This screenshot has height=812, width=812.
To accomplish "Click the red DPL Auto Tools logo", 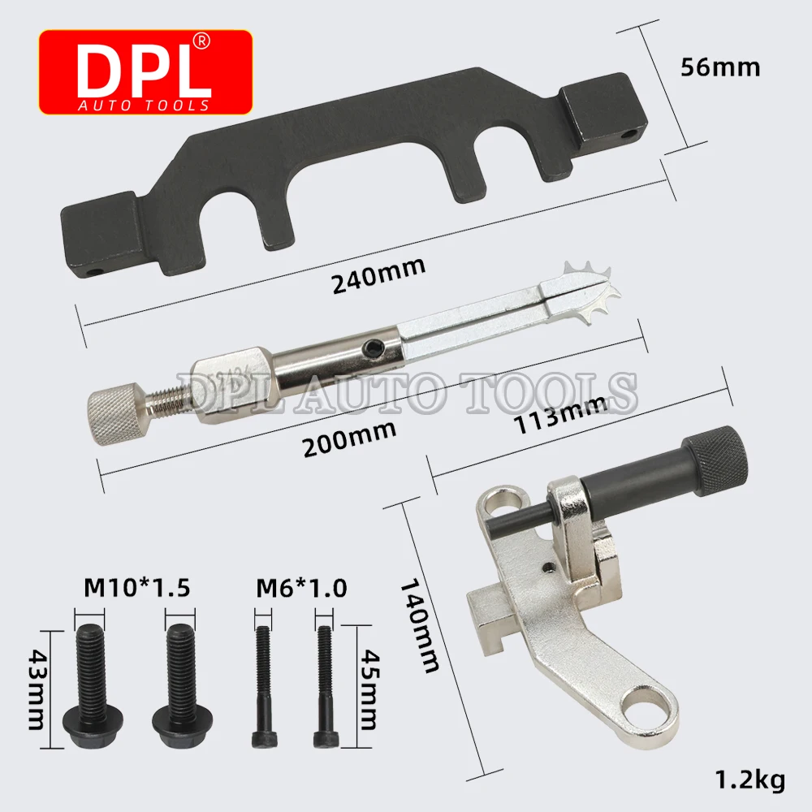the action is click(145, 72).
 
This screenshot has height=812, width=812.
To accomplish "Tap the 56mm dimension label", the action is click(720, 67).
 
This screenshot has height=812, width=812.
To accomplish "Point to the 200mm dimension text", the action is click(349, 438).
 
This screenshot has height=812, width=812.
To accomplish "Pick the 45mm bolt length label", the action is click(369, 689).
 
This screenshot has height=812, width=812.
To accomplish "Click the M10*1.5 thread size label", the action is click(136, 588).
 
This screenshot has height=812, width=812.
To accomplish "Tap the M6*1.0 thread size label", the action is click(301, 588).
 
